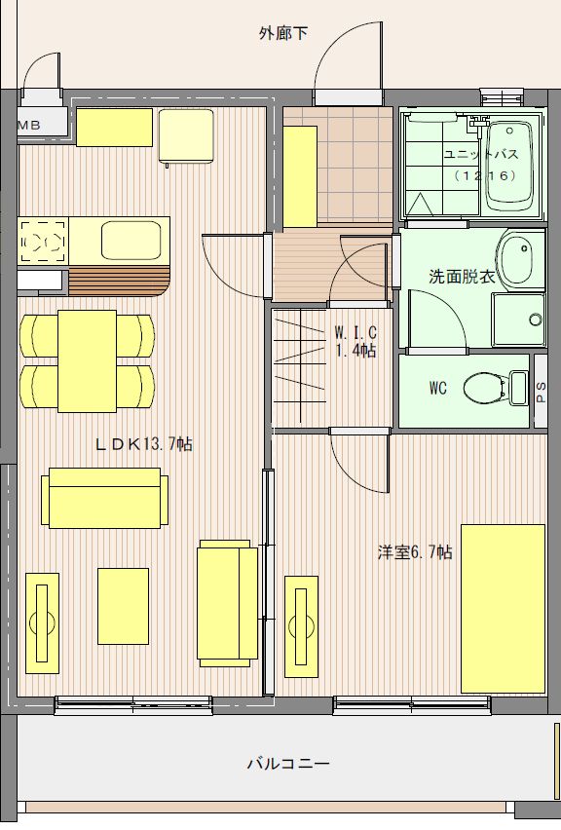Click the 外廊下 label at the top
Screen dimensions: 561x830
coord(283,34)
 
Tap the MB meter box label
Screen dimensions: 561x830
coord(29,126)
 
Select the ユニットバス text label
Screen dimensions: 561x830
coord(480,155)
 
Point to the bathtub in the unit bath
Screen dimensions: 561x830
coord(509,167)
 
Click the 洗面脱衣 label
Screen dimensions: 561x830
coord(462,277)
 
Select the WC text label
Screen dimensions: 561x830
coord(437,389)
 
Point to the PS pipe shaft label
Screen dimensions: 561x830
coord(541,393)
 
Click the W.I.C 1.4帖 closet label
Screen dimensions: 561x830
coord(355,341)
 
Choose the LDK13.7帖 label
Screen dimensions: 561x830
coord(143,443)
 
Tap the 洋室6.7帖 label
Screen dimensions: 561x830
coord(414,552)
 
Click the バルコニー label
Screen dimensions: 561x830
coord(288,764)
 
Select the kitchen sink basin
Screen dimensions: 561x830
coord(131,241)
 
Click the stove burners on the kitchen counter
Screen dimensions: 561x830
coord(44,241)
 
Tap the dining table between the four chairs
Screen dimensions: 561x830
coord(88,361)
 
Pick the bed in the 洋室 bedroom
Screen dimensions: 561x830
coord(503,609)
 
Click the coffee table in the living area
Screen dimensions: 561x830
coord(123,606)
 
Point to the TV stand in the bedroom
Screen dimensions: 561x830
coord(301,626)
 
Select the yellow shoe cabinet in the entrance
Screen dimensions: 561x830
coord(300,176)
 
